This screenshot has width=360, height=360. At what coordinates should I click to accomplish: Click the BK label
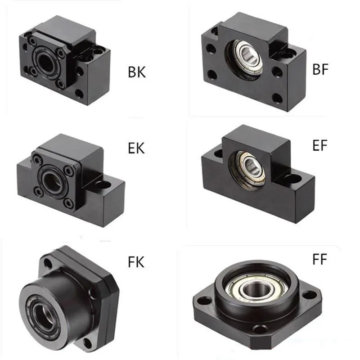(137, 72)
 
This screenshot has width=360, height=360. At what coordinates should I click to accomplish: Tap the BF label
(320, 69)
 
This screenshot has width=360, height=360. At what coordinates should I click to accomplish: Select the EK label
(136, 148)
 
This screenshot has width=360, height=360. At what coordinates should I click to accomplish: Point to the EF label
(320, 145)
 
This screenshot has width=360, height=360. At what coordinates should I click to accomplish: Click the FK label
(136, 262)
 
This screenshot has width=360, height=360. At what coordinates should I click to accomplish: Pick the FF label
(319, 259)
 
